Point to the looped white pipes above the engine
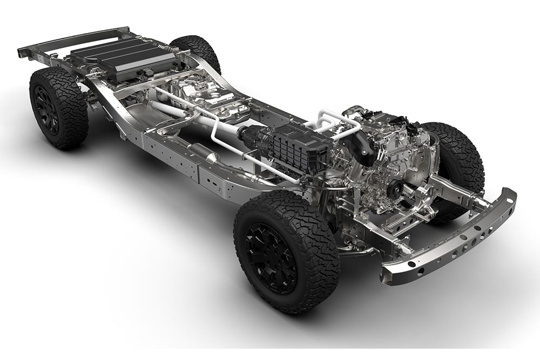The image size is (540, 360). (337, 121)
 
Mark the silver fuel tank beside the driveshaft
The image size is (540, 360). (216, 100)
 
